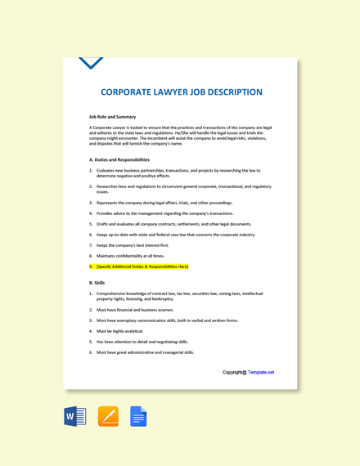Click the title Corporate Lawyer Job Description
click(181, 92)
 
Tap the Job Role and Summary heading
click(113, 117)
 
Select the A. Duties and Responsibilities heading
click(119, 159)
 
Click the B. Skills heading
click(97, 282)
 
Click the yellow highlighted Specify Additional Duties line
click(142, 267)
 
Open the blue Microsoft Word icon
click(74, 417)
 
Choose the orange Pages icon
click(108, 417)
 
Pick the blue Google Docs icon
click(138, 417)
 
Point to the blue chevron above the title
click(91, 63)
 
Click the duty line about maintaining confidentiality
click(130, 256)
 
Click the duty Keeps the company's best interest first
click(133, 245)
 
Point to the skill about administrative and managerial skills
click(145, 352)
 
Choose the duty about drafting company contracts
click(173, 224)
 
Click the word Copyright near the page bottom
click(233, 372)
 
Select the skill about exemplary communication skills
click(167, 320)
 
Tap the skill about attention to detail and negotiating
click(142, 342)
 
